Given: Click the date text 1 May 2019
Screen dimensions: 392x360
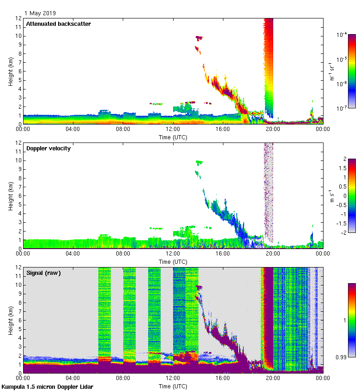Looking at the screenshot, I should (x=40, y=13).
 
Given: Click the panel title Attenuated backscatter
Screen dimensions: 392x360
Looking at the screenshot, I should (x=58, y=24).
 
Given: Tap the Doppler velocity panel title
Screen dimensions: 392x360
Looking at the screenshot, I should (x=48, y=148).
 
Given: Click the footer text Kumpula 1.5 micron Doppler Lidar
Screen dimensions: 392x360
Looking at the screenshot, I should (x=47, y=386).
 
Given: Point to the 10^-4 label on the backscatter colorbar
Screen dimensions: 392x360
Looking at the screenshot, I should (x=342, y=35).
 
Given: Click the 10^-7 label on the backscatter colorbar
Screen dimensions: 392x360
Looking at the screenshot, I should (x=342, y=108).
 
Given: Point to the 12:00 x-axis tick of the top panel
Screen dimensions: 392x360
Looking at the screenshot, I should (x=173, y=130).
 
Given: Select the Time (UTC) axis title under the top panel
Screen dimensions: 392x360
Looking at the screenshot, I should (x=173, y=137).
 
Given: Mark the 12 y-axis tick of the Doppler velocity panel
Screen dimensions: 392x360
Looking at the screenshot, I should (x=18, y=143).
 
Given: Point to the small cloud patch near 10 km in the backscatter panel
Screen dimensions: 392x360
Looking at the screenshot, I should (x=199, y=37).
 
